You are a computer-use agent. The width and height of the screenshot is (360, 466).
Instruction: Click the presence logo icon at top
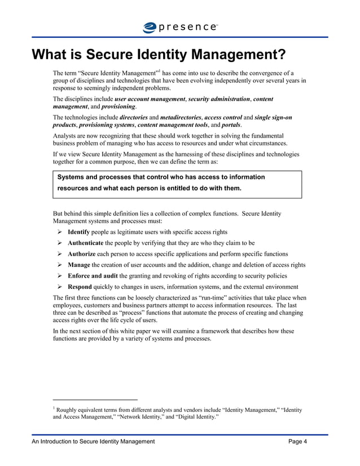tap(151, 27)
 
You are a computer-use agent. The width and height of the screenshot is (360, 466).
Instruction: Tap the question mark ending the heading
tap(280, 55)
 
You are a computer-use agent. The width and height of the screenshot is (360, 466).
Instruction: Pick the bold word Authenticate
tap(86, 243)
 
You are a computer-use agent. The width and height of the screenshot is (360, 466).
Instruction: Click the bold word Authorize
tap(82, 254)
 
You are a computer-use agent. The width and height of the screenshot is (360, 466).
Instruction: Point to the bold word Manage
tap(79, 265)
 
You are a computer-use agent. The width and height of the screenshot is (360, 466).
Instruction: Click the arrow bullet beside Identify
tap(60, 232)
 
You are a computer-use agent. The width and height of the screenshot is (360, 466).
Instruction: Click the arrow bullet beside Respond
tap(60, 287)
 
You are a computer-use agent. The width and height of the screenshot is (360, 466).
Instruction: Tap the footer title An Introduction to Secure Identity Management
tap(93, 442)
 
